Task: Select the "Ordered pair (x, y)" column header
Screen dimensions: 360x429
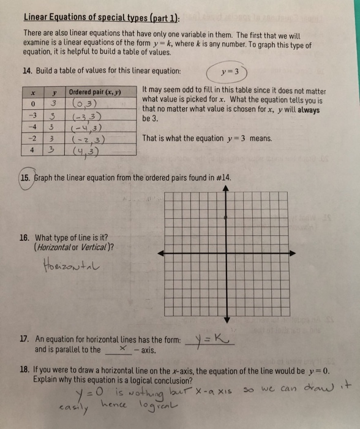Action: [100, 92]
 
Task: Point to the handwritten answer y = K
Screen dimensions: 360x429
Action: [209, 340]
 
